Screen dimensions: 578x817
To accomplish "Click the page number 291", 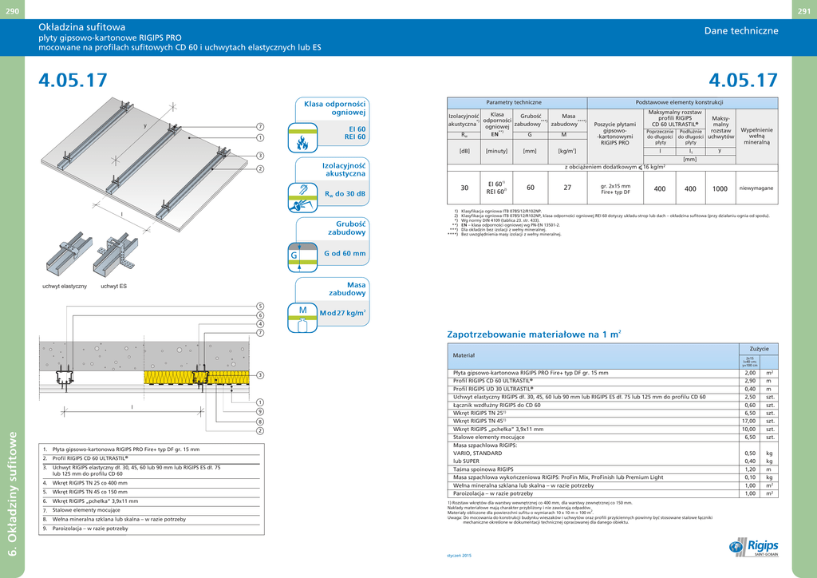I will click(x=804, y=10).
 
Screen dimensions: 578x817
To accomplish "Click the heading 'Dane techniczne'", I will click(x=740, y=31).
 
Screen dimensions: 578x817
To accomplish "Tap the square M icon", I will click(x=302, y=311).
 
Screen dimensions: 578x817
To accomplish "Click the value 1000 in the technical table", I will click(x=720, y=189).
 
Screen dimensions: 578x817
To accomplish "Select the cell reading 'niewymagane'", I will click(x=756, y=188).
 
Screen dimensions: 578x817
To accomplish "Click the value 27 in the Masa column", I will click(x=567, y=188).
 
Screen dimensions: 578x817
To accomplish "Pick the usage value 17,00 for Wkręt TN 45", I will click(x=749, y=421).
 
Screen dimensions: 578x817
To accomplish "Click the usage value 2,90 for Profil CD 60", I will click(x=749, y=381).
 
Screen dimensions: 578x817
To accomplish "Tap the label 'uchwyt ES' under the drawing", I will click(x=113, y=286).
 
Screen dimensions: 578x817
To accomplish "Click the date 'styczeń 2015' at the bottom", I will click(x=459, y=555).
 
